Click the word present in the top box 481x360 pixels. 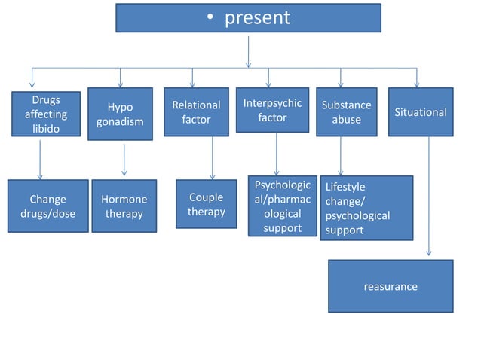pos(257,18)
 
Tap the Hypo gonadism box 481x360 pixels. pos(120,114)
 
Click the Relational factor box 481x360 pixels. pos(196,112)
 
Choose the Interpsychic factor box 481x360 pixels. pos(272,110)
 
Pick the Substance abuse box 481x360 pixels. pos(346,112)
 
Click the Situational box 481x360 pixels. pos(421,112)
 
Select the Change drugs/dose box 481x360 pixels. pos(47,206)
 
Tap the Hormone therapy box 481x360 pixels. pos(124,206)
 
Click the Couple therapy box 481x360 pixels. pos(207,204)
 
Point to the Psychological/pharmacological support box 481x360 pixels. pos(282,206)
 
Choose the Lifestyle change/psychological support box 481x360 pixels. pos(366,208)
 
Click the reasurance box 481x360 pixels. pos(390,286)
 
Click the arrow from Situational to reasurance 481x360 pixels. pos(429,196)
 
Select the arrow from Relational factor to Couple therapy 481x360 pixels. pos(213,158)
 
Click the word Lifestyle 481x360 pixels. pos(345,187)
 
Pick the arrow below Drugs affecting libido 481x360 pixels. pos(40,158)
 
